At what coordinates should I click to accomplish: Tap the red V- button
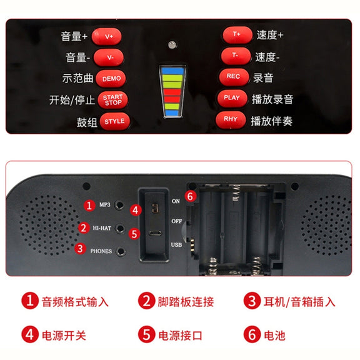coord(109,57)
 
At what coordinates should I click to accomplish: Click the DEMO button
coord(111,79)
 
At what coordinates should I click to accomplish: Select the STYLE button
coord(115,121)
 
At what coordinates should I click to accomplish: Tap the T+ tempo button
coord(237,35)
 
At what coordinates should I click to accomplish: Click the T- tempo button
coord(236,56)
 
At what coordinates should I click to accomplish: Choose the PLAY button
coord(232,98)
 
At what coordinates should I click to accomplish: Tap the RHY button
coord(231,119)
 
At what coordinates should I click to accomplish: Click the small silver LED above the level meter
coord(172,44)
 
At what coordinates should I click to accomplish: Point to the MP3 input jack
coord(119,205)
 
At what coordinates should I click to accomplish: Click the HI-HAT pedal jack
coord(120,229)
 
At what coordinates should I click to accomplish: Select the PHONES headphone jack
coord(121,252)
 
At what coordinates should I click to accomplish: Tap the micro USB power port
coord(155,234)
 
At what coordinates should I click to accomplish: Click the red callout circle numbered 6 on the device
coord(191,196)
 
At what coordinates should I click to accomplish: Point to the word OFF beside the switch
coord(176,221)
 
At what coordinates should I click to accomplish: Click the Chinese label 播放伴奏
coord(272,121)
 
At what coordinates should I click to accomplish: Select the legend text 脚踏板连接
coord(186,302)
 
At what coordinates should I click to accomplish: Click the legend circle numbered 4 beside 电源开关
coord(30,334)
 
